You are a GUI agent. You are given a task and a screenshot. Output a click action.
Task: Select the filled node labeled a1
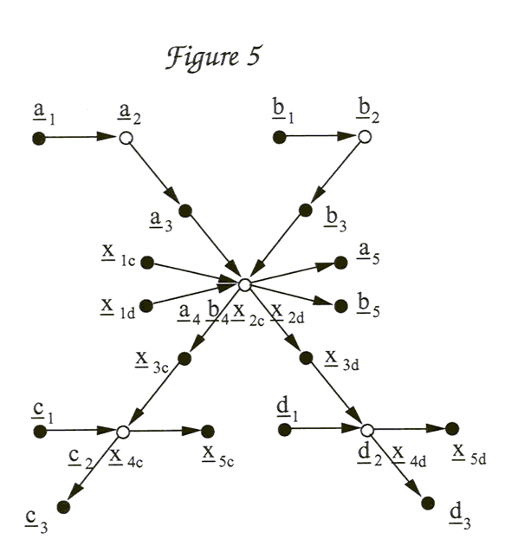(38, 138)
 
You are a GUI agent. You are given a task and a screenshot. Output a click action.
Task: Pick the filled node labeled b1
(278, 137)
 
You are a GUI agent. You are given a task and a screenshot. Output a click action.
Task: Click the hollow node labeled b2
(365, 137)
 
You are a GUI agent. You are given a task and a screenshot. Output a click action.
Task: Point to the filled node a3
(184, 210)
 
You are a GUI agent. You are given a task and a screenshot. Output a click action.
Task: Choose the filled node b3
(305, 210)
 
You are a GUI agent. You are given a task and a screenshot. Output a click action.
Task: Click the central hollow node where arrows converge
(245, 284)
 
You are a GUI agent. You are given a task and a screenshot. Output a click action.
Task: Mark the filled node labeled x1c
(147, 261)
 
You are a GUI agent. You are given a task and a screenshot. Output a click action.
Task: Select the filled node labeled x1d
(147, 305)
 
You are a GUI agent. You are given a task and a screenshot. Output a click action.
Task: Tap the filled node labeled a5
(340, 261)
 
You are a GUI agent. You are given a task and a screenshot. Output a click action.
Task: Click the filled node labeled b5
(340, 304)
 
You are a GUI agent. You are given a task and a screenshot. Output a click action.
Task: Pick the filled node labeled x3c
(184, 357)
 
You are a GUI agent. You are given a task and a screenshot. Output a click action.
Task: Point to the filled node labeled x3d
(305, 357)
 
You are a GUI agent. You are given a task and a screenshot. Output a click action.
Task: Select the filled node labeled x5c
(208, 430)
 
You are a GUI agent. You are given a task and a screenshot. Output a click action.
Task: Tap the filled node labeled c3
(62, 504)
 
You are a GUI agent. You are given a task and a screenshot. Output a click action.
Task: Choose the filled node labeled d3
(426, 503)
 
